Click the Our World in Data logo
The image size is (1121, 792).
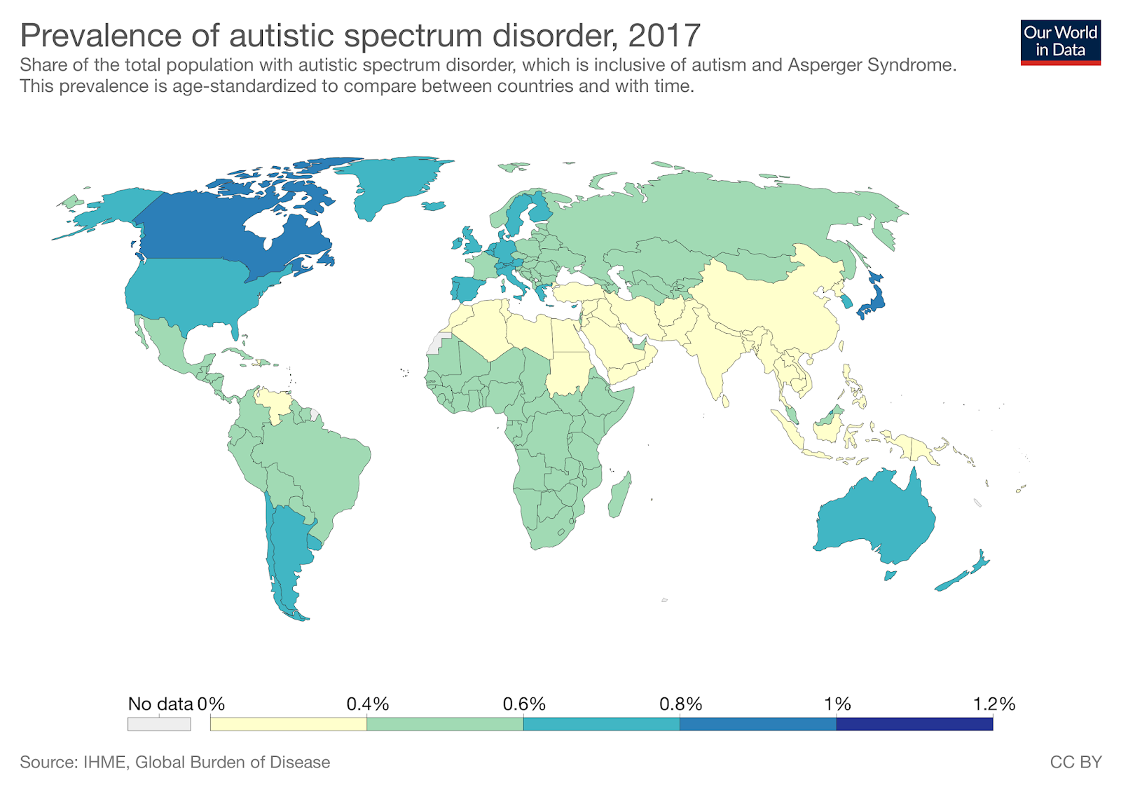click(x=1060, y=42)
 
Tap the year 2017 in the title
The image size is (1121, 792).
click(x=663, y=35)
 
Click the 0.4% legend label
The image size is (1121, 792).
click(x=367, y=704)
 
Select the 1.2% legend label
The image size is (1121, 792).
click(x=993, y=704)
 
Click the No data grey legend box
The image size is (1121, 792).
click(x=159, y=724)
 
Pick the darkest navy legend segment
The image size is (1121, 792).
click(x=914, y=724)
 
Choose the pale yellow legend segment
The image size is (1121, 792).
click(x=288, y=724)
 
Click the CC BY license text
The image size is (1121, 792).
click(x=1075, y=762)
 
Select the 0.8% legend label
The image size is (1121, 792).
click(x=680, y=704)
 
